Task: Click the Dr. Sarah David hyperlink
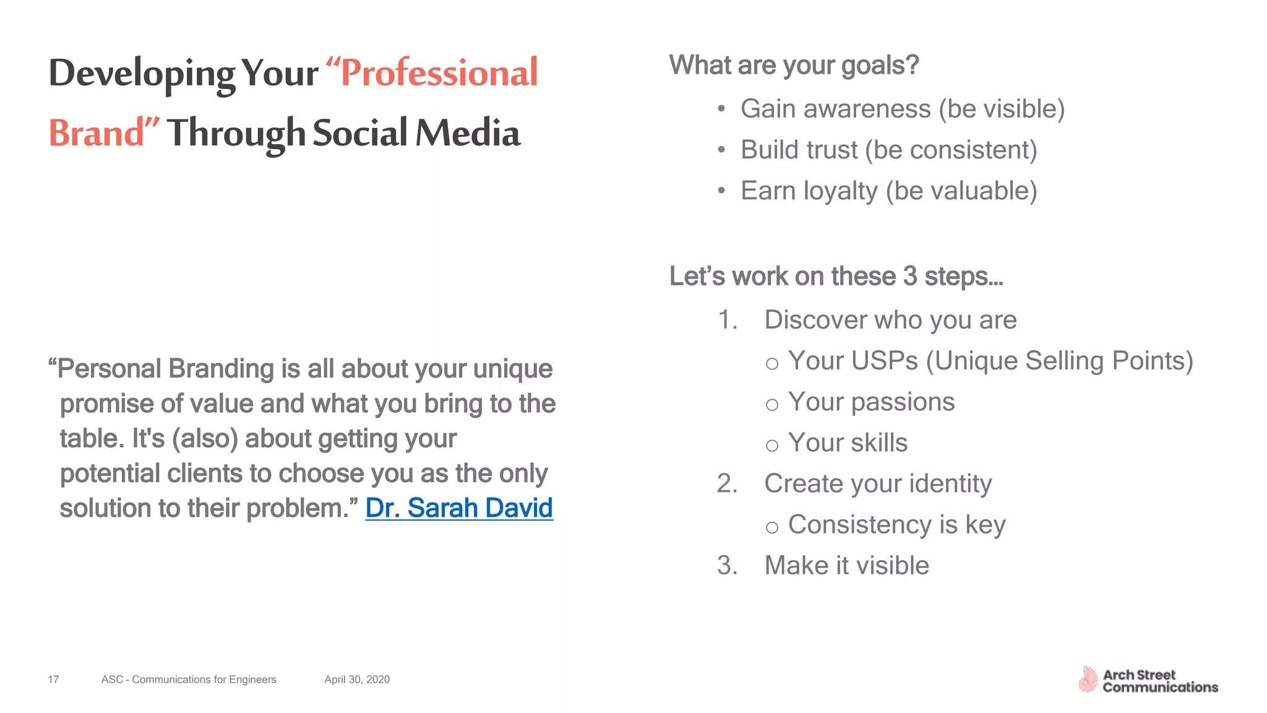click(458, 508)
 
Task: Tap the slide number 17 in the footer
click(53, 680)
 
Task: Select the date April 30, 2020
click(357, 680)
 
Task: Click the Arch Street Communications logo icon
click(1087, 680)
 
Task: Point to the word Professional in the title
click(439, 73)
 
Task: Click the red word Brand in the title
click(97, 133)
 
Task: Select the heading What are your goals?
click(794, 66)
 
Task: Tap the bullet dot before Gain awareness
click(721, 110)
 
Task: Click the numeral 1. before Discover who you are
click(728, 321)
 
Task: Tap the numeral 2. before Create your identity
click(728, 484)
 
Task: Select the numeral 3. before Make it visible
click(728, 566)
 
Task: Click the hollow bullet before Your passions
click(771, 405)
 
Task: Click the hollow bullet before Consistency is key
click(771, 527)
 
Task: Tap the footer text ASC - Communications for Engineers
click(189, 680)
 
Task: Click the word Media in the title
click(468, 133)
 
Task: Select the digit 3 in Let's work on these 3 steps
click(909, 277)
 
